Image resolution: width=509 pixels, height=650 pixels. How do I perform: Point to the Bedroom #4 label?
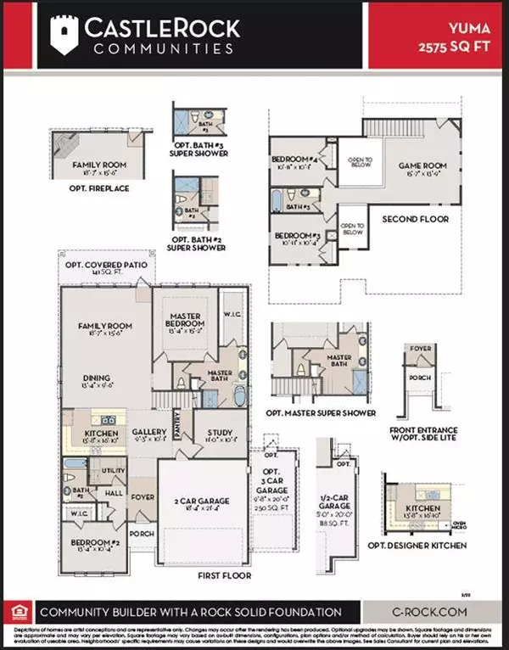(x=294, y=160)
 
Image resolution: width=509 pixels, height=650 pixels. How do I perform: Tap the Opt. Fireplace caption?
(x=99, y=188)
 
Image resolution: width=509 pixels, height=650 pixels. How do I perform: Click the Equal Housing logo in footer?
(x=17, y=613)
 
